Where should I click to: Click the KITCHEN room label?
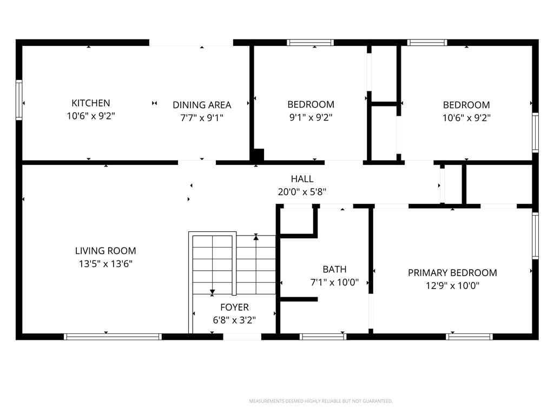pyautogui.click(x=91, y=103)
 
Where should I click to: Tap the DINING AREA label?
pyautogui.click(x=202, y=105)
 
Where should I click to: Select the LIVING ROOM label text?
pyautogui.click(x=105, y=251)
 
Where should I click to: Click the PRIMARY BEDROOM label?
pyautogui.click(x=452, y=273)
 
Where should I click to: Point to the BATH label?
pyautogui.click(x=334, y=270)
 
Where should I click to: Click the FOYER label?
pyautogui.click(x=234, y=307)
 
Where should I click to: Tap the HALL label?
pyautogui.click(x=302, y=179)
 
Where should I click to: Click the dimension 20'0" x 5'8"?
pyautogui.click(x=302, y=192)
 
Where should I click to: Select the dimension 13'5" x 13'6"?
pyautogui.click(x=105, y=264)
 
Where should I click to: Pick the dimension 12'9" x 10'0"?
pyautogui.click(x=452, y=285)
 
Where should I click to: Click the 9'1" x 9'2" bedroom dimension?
pyautogui.click(x=311, y=117)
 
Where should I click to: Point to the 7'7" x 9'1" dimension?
pyautogui.click(x=202, y=117)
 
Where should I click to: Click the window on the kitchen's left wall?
pyautogui.click(x=19, y=100)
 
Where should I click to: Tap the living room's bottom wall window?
pyautogui.click(x=113, y=337)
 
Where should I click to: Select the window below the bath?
pyautogui.click(x=323, y=337)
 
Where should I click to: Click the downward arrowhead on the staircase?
pyautogui.click(x=212, y=292)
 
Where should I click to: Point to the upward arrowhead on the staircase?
pyautogui.click(x=256, y=237)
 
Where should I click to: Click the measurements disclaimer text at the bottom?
pyautogui.click(x=321, y=401)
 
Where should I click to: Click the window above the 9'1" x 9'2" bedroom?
pyautogui.click(x=310, y=43)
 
